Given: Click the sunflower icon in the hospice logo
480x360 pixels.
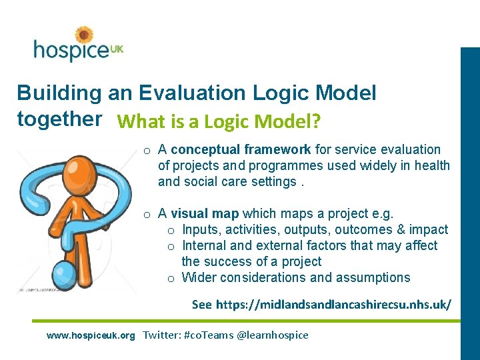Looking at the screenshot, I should coord(84,35).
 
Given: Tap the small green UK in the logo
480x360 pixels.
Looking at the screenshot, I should coord(117,49).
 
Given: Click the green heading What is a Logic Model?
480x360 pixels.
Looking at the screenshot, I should coord(219,122).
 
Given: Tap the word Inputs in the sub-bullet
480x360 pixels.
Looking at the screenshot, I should coord(201,229).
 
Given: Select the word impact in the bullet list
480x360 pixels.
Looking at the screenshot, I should coord(428,229).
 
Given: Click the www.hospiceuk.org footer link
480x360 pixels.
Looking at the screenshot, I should coord(91,335).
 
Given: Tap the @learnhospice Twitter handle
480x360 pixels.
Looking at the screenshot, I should coord(273,335).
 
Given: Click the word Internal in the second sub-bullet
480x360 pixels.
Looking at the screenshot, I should coord(205,245).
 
